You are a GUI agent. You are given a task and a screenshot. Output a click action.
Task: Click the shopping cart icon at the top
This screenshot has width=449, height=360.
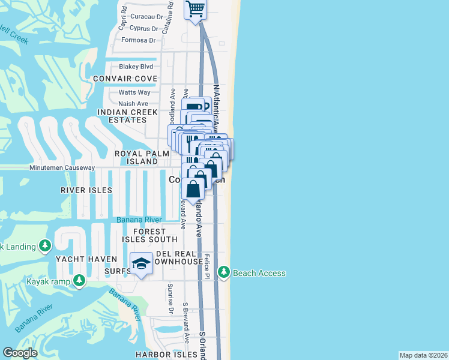pyautogui.click(x=196, y=9)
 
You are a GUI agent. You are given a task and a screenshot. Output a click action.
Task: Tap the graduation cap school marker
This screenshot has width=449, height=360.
pyautogui.click(x=141, y=263)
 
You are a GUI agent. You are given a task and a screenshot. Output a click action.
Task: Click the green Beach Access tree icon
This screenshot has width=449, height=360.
pyautogui.click(x=224, y=273)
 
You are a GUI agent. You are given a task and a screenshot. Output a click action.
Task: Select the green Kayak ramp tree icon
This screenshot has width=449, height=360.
pyautogui.click(x=79, y=281)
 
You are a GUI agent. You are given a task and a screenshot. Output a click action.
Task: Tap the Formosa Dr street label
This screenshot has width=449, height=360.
pyautogui.click(x=138, y=40)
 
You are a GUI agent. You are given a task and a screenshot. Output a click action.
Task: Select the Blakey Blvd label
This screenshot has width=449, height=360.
pyautogui.click(x=136, y=67)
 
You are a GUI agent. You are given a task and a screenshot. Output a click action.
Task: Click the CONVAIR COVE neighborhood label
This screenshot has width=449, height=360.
pyautogui.click(x=125, y=79)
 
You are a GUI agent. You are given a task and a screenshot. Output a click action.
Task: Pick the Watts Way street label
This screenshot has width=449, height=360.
pyautogui.click(x=134, y=92)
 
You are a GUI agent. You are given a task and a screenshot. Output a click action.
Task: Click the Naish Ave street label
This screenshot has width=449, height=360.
pyautogui.click(x=133, y=104)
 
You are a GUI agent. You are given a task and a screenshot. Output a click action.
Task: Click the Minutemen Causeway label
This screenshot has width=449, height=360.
pyautogui.click(x=62, y=167)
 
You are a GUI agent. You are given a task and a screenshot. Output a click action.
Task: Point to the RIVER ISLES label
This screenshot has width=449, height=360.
pyautogui.click(x=86, y=190)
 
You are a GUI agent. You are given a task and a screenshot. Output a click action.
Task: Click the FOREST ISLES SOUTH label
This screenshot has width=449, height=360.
pyautogui.click(x=148, y=235)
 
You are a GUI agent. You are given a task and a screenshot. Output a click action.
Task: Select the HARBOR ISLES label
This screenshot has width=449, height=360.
pyautogui.click(x=166, y=355)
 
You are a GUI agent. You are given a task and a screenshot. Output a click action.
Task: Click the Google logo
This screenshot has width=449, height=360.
pyautogui.click(x=20, y=353)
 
